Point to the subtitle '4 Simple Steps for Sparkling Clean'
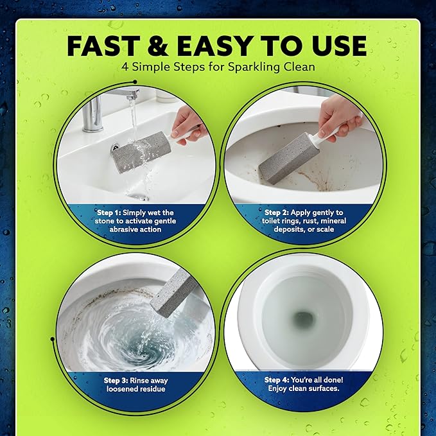point(218,67)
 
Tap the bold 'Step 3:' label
point(118,380)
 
